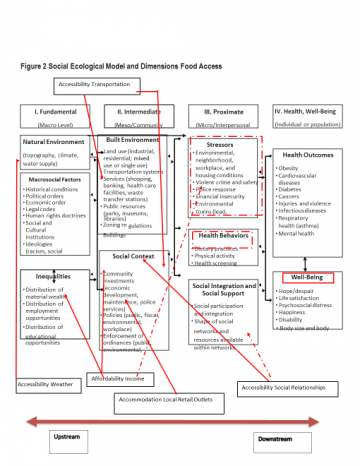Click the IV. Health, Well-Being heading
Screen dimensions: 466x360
point(309,117)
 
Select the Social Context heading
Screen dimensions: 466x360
point(134,258)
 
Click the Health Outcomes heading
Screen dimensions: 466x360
point(308,155)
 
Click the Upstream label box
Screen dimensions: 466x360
point(66,438)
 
